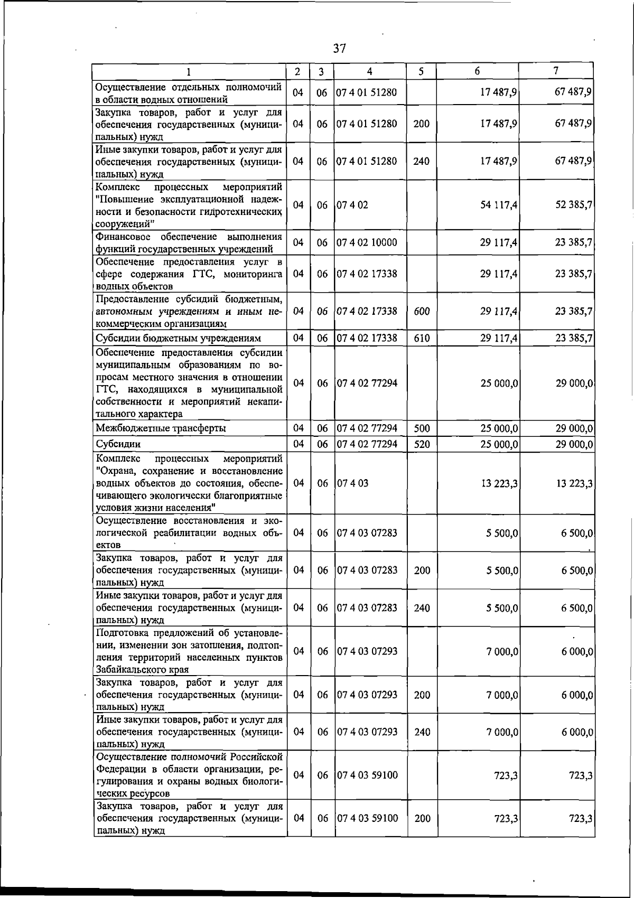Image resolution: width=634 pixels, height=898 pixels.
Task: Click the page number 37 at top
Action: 340,49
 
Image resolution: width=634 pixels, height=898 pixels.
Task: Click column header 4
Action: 370,71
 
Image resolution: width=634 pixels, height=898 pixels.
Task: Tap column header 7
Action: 556,71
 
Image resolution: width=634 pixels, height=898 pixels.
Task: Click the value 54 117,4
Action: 498,205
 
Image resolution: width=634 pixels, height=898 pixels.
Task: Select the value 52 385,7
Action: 573,205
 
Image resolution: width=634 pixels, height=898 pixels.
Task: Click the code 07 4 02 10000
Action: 367,243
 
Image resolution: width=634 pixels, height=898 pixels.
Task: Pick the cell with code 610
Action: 422,338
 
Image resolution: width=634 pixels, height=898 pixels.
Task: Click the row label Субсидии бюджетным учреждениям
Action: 178,338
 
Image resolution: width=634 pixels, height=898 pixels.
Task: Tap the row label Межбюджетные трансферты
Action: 161,428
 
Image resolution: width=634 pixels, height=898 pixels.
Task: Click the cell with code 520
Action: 422,444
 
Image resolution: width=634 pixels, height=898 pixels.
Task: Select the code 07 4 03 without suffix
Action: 352,483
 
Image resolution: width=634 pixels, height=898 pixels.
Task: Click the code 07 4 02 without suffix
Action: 352,205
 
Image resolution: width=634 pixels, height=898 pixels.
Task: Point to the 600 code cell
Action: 422,312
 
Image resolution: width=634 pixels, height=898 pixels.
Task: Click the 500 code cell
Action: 422,428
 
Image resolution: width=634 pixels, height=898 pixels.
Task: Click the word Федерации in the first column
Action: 120,769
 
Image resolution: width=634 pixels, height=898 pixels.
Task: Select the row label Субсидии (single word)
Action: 118,444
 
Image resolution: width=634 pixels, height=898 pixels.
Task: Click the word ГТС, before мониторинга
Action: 200,274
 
